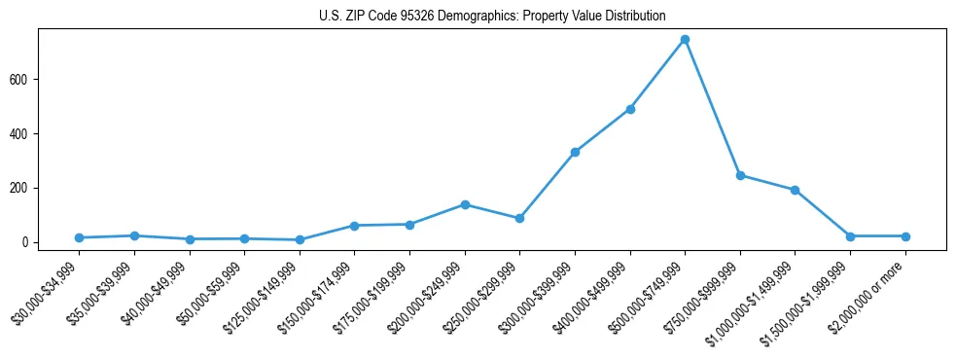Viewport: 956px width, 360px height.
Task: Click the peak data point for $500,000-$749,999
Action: (685, 40)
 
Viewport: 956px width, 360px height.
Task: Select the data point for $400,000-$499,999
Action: (630, 109)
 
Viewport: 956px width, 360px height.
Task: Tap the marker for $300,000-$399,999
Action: (575, 153)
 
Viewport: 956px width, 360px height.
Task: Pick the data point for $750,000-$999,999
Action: (740, 176)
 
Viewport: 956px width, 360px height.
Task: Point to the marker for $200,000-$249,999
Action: (465, 204)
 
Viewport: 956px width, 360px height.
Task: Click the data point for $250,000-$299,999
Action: (519, 218)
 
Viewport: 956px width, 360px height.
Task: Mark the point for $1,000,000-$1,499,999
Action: (795, 191)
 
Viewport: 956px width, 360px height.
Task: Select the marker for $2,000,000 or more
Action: (905, 236)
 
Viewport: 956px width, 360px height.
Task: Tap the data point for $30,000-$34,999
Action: (79, 237)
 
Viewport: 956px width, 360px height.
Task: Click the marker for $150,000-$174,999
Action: (354, 226)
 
